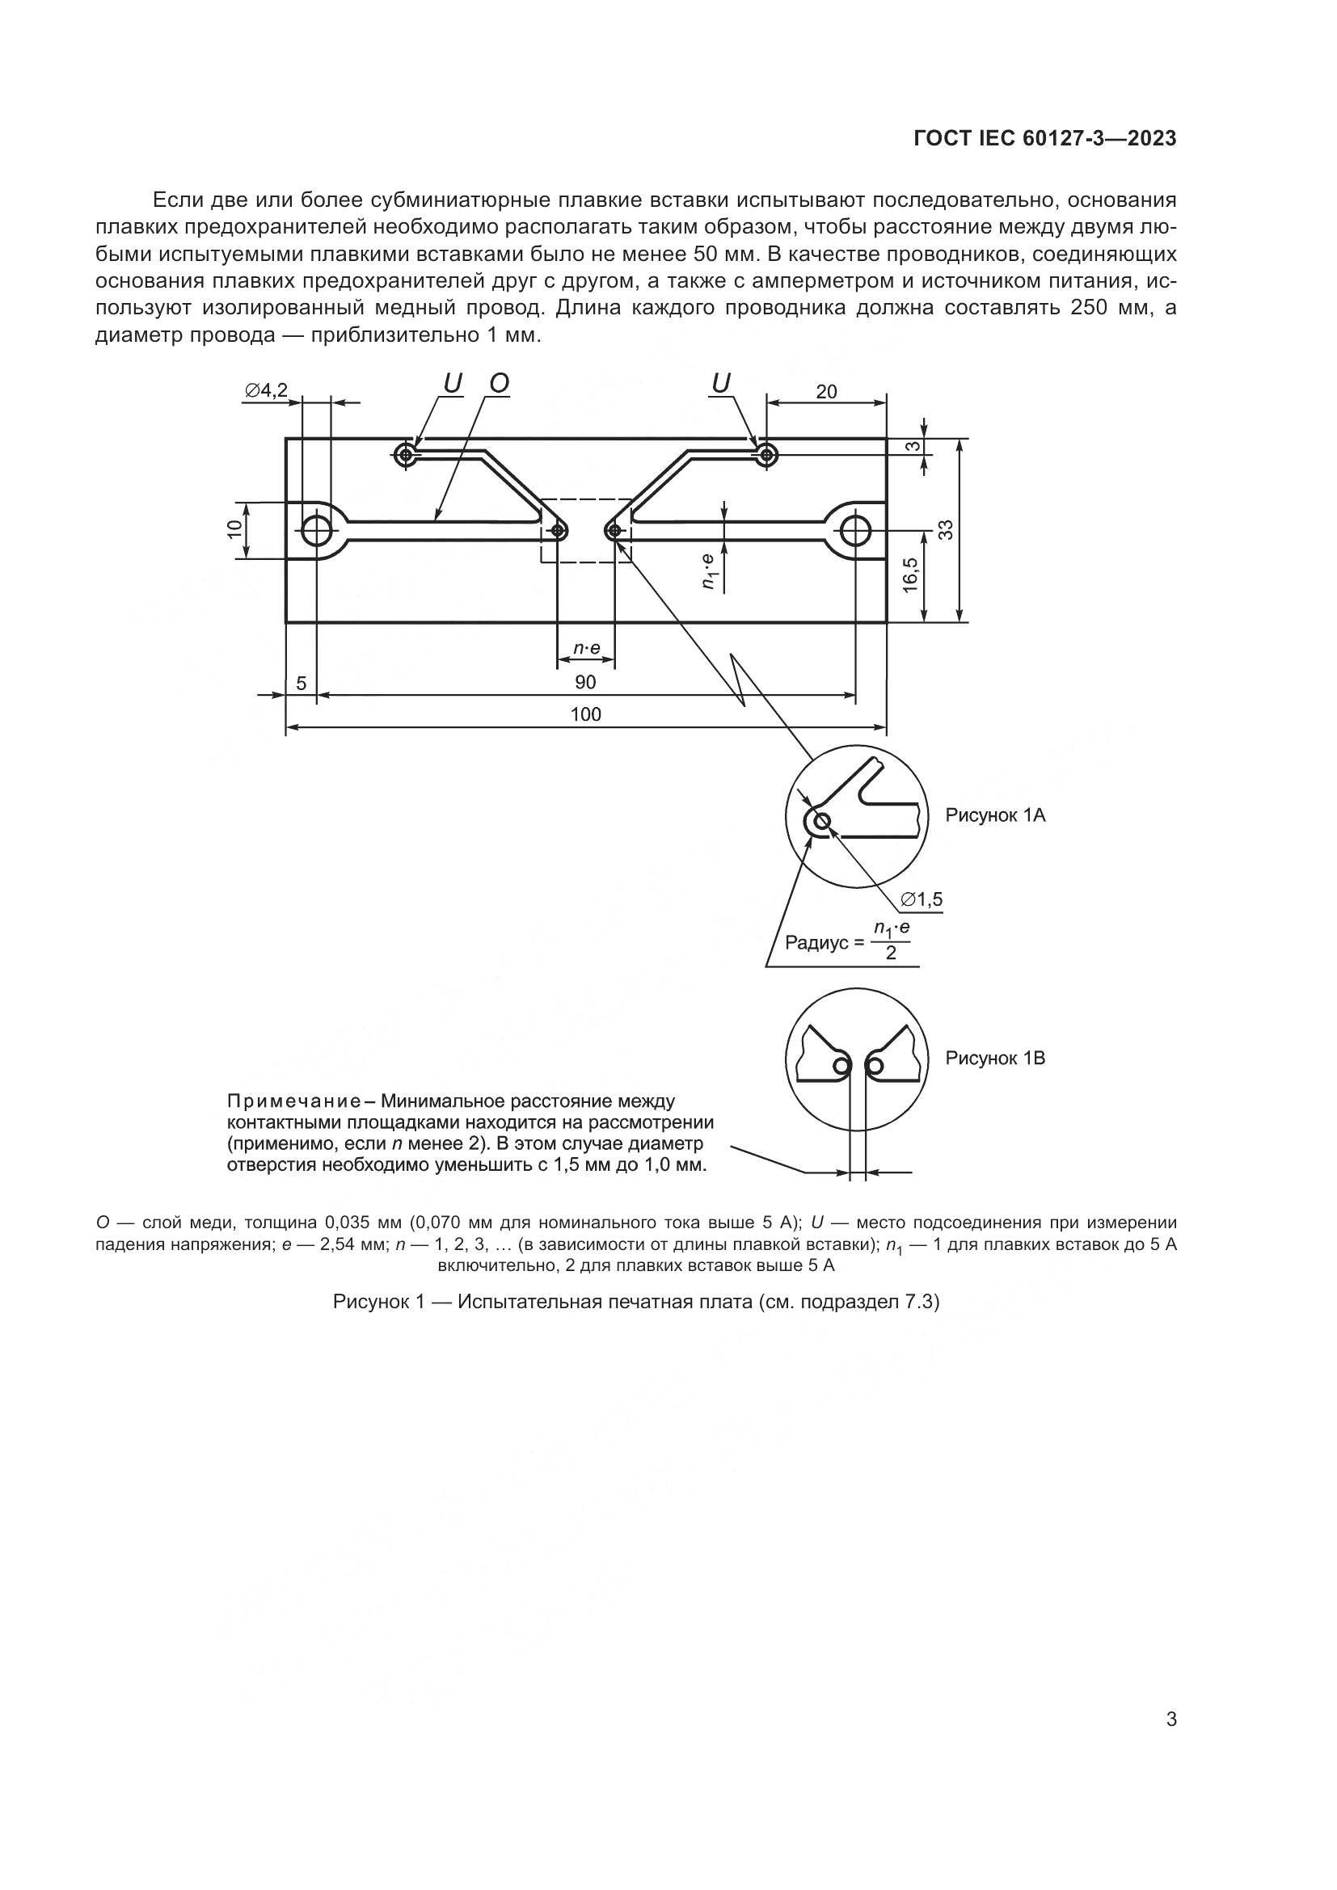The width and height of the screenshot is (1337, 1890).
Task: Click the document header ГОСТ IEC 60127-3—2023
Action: [1044, 139]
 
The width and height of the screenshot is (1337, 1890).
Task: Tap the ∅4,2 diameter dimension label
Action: [266, 390]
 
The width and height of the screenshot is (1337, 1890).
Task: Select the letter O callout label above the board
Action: [499, 383]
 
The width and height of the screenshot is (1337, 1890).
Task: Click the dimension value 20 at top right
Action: [826, 392]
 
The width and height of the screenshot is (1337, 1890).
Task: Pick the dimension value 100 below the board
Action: [585, 714]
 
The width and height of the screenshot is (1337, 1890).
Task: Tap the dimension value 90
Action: [585, 683]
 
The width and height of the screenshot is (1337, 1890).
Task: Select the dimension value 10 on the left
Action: [234, 529]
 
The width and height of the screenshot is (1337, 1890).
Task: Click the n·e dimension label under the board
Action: [585, 650]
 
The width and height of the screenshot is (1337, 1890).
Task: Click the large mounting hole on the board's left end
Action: [317, 531]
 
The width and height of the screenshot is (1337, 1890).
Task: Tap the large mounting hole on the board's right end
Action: [856, 531]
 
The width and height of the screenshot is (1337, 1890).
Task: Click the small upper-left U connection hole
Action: [404, 453]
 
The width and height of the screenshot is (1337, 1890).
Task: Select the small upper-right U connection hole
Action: [766, 453]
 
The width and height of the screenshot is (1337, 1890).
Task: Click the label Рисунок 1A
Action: [994, 816]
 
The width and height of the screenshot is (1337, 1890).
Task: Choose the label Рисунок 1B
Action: [994, 1059]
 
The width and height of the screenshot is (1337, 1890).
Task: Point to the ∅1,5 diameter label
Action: [922, 900]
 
